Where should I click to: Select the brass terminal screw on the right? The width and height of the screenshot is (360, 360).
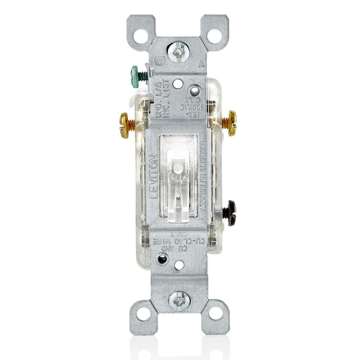pyautogui.click(x=232, y=123)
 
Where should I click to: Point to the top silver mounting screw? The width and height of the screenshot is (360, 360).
pyautogui.click(x=178, y=52)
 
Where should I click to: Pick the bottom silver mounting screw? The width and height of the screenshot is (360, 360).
pyautogui.click(x=179, y=300)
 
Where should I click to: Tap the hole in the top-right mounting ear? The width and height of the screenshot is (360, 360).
pyautogui.click(x=215, y=36)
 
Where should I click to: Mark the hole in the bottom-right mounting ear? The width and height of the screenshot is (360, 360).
pyautogui.click(x=216, y=313)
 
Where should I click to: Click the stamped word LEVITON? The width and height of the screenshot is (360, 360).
pyautogui.click(x=154, y=177)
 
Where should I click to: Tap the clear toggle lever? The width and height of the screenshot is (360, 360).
pyautogui.click(x=179, y=180)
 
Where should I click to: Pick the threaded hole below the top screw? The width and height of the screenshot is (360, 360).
pyautogui.click(x=177, y=84)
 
